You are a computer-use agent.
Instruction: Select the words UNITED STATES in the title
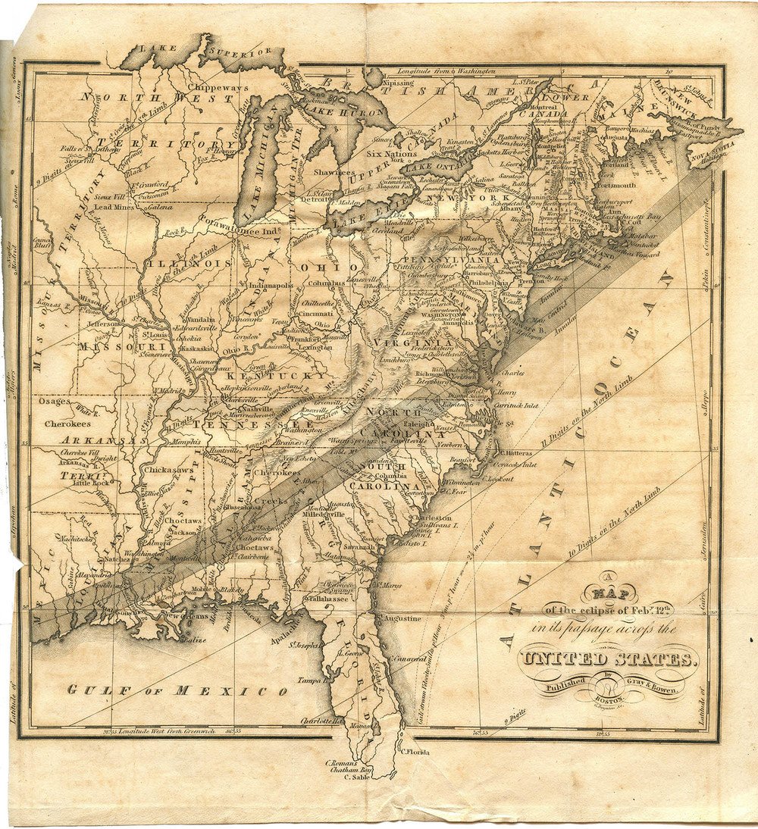[x=606, y=658]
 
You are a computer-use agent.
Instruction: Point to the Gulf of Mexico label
[x=177, y=690]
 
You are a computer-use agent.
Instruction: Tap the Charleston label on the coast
[x=430, y=518]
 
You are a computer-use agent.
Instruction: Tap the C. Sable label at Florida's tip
[x=355, y=777]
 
